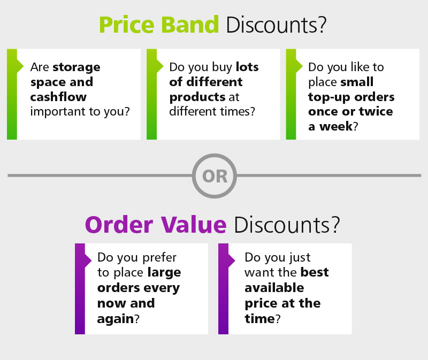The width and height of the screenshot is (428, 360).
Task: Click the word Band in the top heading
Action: [192, 25]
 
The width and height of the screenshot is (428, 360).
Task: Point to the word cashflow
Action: [58, 97]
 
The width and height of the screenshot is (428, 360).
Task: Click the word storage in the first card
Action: [76, 67]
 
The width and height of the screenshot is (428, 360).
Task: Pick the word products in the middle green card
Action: [197, 97]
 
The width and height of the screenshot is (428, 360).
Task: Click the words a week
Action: [330, 127]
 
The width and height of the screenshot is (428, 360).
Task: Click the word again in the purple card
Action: [113, 318]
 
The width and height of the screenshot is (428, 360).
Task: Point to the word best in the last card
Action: [315, 272]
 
